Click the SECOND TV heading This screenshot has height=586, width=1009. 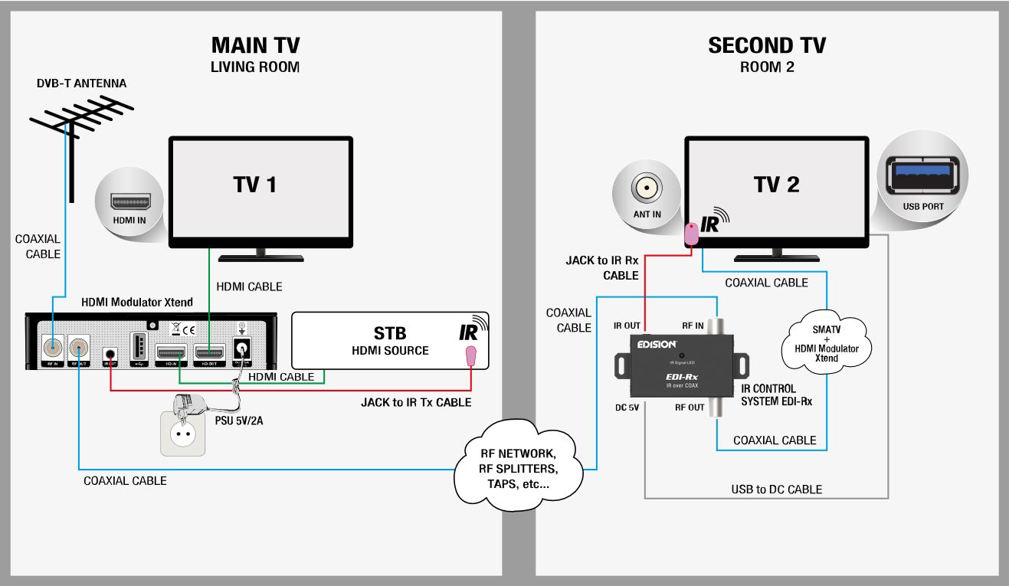coord(767,45)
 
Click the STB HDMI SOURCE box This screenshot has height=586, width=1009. coord(390,341)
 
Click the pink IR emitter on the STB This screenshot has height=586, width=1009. coord(470,355)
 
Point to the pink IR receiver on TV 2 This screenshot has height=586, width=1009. coord(691,234)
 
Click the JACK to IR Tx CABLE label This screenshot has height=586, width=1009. coord(416,402)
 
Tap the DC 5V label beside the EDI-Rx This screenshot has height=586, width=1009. coord(627,408)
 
